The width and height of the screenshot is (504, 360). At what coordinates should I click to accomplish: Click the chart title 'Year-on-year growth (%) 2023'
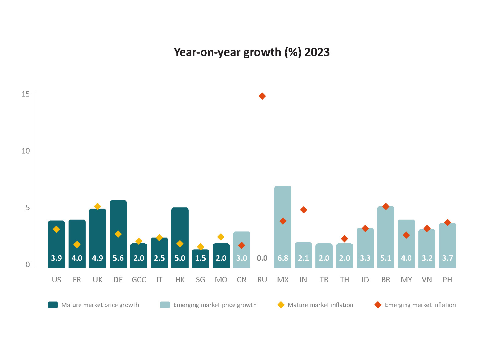pos(252,52)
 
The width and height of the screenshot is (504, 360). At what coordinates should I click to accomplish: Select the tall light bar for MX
pos(282,227)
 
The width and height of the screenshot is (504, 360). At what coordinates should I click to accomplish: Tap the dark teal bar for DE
pos(118,234)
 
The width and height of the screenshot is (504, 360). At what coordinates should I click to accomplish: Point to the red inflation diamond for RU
pos(262,96)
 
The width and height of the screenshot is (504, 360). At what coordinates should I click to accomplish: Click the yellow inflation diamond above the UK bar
pos(98,206)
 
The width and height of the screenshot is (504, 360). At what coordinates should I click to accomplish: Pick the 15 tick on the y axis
pos(25,94)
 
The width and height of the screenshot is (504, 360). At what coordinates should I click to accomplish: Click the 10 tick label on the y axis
pos(25,151)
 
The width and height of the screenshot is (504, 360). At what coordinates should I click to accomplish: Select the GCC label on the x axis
pos(139,280)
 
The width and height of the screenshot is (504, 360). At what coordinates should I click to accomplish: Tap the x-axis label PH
pos(447,280)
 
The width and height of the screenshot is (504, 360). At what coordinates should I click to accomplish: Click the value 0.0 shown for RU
pos(262,258)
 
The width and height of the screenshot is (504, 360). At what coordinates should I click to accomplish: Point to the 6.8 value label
pos(283,258)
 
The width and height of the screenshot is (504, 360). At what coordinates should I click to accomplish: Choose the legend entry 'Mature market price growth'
pos(93,305)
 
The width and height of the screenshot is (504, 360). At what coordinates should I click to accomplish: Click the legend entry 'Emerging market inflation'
pos(415,305)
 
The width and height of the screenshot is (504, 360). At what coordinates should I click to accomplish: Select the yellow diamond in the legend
pos(281,305)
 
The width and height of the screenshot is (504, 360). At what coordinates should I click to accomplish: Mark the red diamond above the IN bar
pos(303,210)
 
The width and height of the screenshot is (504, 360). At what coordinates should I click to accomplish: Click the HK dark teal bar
pos(180,238)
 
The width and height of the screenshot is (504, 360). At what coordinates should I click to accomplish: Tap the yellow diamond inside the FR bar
pos(77,245)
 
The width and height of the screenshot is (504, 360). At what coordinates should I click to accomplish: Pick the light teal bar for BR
pos(386,237)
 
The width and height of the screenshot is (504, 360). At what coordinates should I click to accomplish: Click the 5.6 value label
pos(118,258)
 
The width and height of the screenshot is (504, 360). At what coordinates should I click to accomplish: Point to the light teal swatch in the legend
pos(165,305)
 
